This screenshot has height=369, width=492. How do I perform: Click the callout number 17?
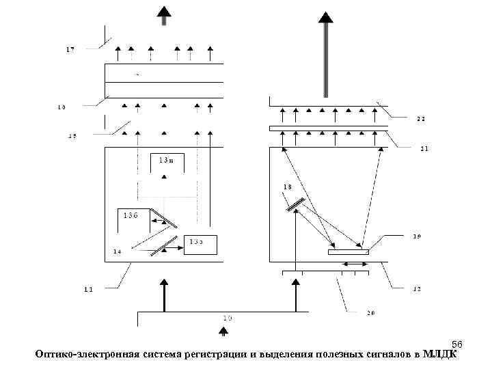[70, 50]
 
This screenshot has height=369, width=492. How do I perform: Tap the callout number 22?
[421, 119]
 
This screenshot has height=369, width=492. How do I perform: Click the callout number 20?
[370, 313]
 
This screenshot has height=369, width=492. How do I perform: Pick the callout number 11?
[88, 289]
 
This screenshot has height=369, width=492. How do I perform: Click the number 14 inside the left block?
[118, 251]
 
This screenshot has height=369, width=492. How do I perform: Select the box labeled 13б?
[132, 215]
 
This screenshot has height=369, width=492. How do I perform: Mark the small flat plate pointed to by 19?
[348, 252]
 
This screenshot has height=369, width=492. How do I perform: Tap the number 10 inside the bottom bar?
[228, 318]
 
